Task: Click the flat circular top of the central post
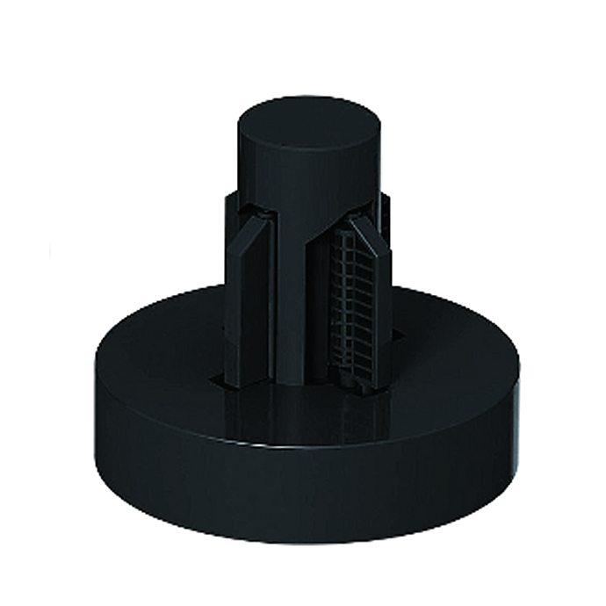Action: tap(307, 128)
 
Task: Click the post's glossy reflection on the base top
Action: tap(299, 413)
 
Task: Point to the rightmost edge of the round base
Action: tap(519, 386)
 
